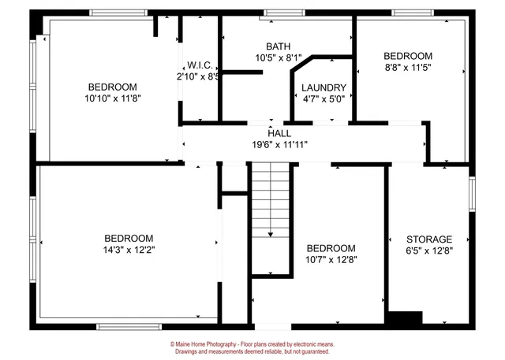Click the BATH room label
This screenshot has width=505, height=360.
(277, 46)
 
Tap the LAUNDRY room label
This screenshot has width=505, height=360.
(324, 87)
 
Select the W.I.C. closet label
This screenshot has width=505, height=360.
(197, 65)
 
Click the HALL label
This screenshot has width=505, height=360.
(279, 133)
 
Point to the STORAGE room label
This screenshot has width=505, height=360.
(428, 239)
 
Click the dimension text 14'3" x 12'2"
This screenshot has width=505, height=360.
(129, 250)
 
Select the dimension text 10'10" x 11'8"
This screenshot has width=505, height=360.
(112, 98)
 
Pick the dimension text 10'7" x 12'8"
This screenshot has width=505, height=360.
(331, 259)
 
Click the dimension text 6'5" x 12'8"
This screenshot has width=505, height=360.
(428, 251)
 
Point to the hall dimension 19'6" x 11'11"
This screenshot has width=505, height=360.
(279, 145)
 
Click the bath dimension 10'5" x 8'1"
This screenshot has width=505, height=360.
(277, 58)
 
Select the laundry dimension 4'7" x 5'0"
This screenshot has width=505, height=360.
(324, 99)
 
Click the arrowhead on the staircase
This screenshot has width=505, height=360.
(271, 233)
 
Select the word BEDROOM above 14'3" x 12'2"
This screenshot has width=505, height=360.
(129, 238)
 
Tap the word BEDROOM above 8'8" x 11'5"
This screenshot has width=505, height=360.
(408, 56)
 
